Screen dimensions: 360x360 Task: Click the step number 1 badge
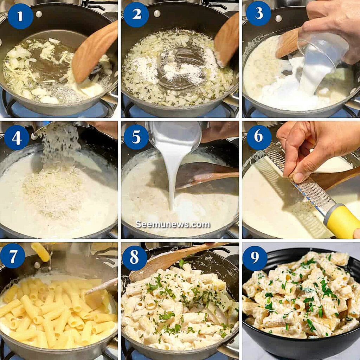(20, 16)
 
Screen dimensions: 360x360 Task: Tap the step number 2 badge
(136, 14)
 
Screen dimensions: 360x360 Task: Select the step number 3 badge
(258, 14)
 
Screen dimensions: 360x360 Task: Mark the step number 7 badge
(13, 256)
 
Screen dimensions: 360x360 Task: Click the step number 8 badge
(135, 258)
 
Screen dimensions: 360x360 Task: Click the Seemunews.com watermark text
(173, 224)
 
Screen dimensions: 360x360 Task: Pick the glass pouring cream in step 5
(174, 134)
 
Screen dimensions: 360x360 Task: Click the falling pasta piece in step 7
(40, 251)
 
